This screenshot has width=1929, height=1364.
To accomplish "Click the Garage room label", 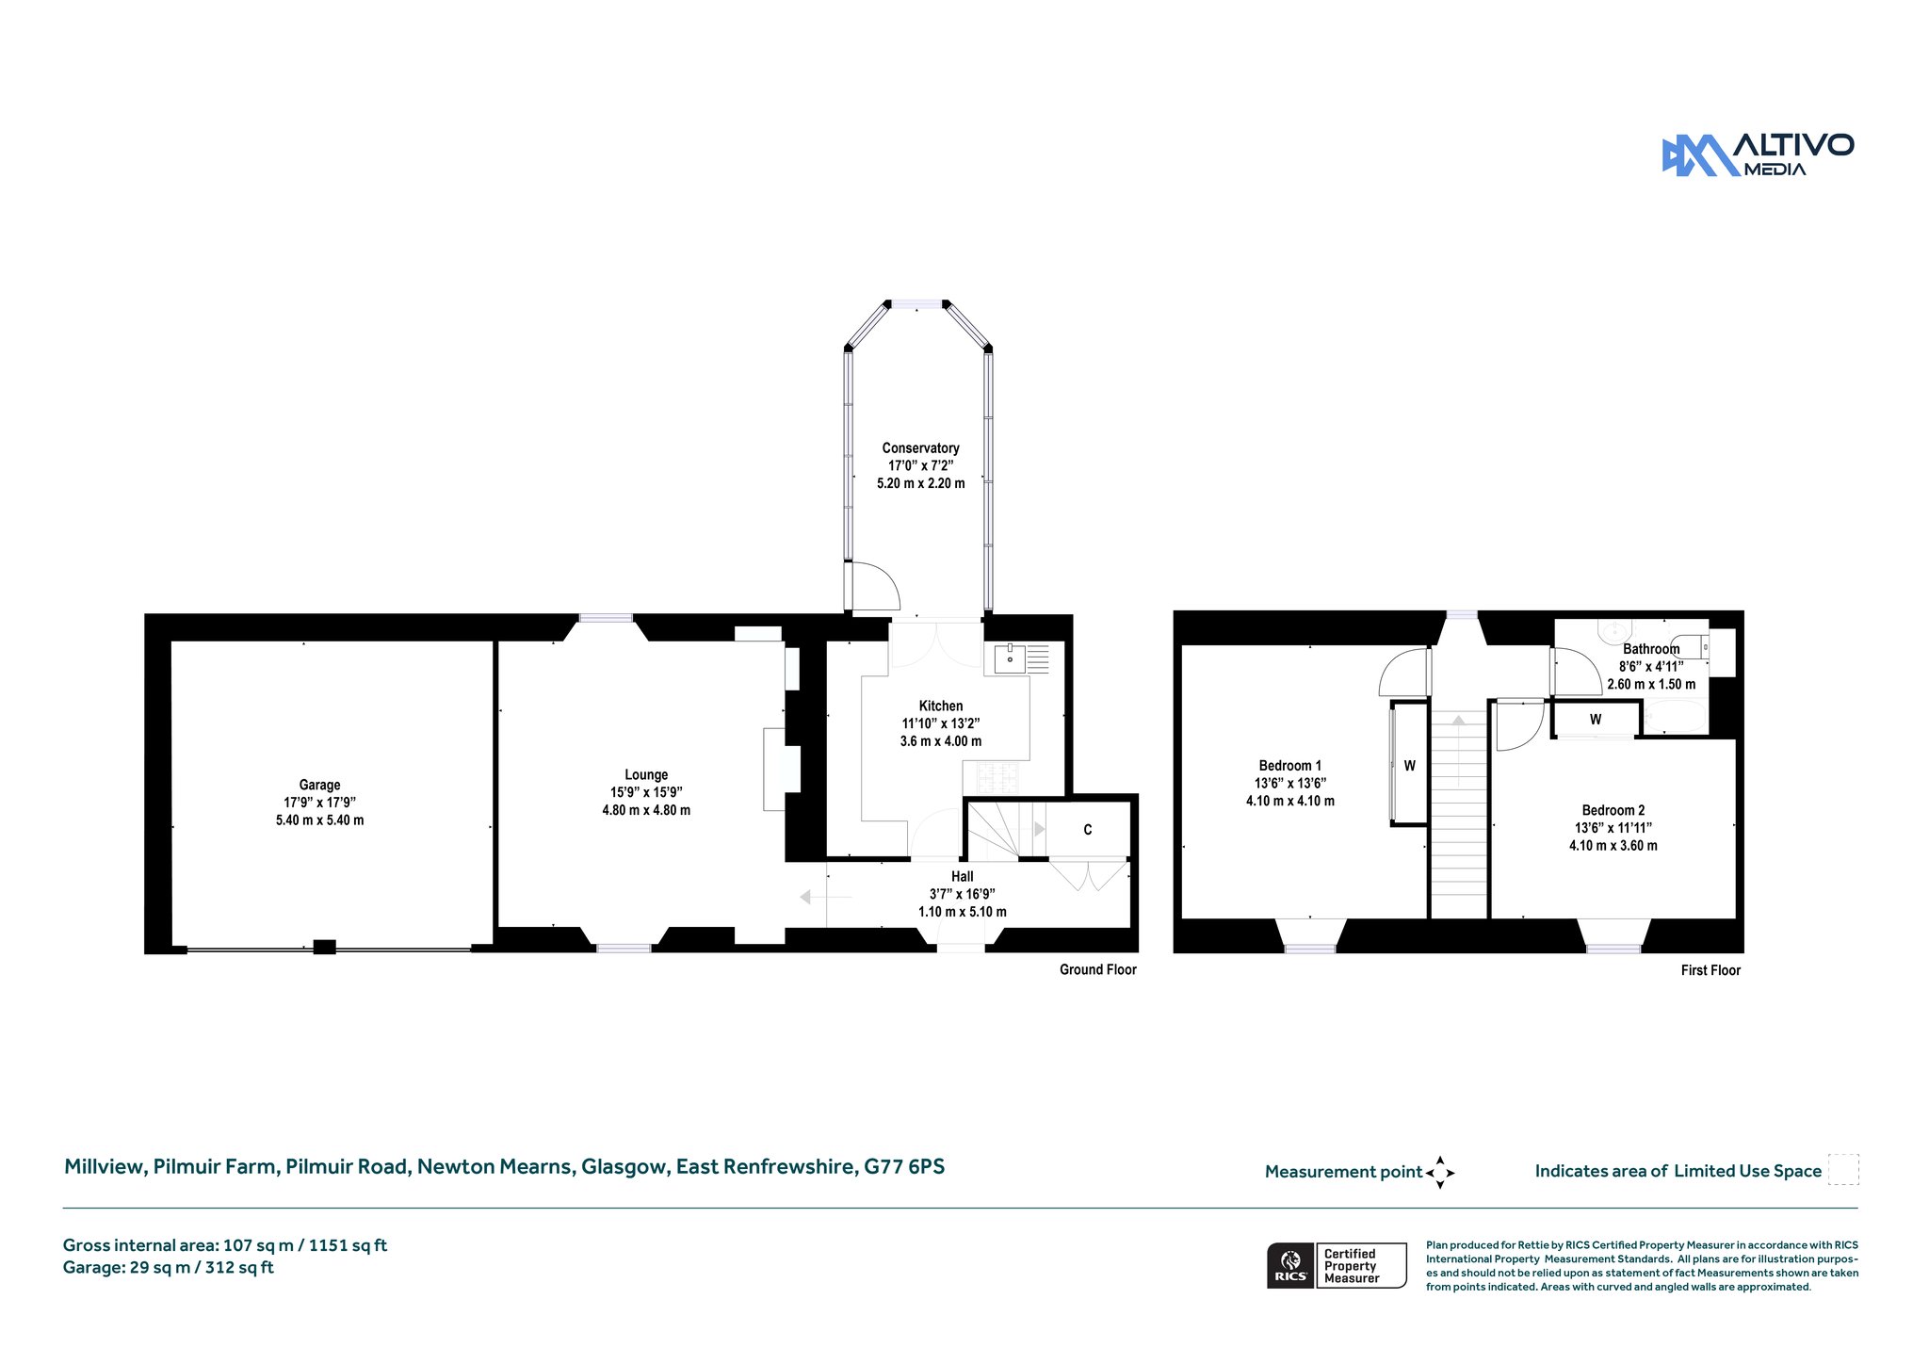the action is [x=319, y=785].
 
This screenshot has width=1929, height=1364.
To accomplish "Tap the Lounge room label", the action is [x=646, y=774].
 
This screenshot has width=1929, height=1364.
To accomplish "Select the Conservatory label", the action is [x=920, y=448].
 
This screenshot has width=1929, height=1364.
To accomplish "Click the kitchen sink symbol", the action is [x=1010, y=658].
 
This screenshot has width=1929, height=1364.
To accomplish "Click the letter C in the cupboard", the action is [x=1088, y=830].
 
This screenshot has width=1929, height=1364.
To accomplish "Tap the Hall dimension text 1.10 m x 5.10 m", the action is [x=963, y=912].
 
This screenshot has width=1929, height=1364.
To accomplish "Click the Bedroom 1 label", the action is [x=1290, y=766].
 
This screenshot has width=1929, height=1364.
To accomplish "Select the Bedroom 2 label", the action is [x=1613, y=810].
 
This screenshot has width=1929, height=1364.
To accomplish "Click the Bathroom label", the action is [x=1651, y=649].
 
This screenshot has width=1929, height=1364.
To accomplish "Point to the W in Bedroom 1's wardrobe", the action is [x=1410, y=766].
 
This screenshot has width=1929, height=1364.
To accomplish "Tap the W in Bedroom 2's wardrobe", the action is [x=1596, y=720].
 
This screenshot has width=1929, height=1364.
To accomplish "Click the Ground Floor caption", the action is [x=1098, y=969].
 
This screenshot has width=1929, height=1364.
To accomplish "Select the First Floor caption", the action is [x=1710, y=970].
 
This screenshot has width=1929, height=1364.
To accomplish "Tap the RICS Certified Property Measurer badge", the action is [x=1337, y=1265].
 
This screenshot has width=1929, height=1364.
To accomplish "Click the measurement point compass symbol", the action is [x=1440, y=1173].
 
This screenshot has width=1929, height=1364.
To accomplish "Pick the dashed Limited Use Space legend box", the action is [x=1843, y=1169].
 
